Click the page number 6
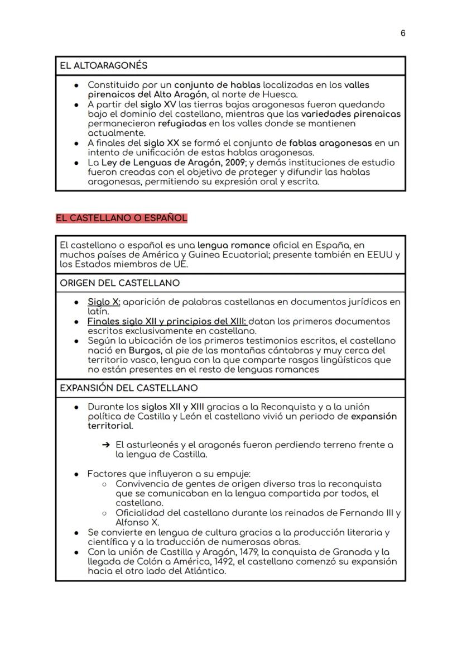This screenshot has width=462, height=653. click(x=403, y=34)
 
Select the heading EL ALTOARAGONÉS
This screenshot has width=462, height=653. click(x=104, y=65)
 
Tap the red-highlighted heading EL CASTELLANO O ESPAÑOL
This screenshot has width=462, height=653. click(x=121, y=218)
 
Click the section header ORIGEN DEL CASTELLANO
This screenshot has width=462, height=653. click(x=119, y=283)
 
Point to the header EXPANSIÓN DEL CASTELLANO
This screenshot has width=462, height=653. click(x=128, y=388)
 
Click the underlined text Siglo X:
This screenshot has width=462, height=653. click(x=104, y=302)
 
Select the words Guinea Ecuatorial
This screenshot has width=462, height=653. click(x=244, y=255)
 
